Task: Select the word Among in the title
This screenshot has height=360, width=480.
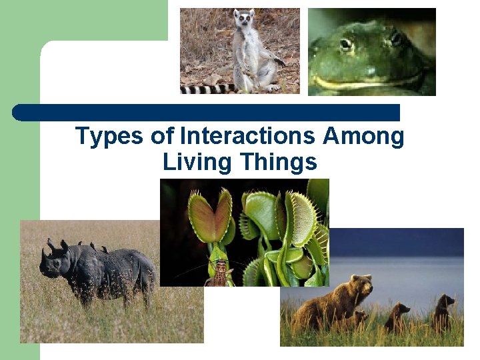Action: tap(363, 136)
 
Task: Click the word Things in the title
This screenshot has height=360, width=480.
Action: tap(279, 162)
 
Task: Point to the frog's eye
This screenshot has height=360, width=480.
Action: tap(345, 45)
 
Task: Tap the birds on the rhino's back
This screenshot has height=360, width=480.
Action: tap(93, 247)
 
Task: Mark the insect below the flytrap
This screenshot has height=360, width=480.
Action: tap(220, 273)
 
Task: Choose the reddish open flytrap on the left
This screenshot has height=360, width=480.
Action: tap(209, 217)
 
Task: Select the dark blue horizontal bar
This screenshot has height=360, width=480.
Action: tap(207, 112)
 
